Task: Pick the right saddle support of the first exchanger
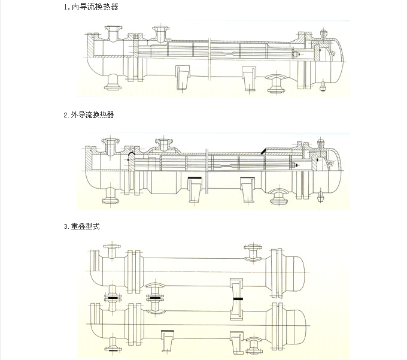(x=248, y=78)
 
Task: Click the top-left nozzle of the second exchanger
(x=111, y=146)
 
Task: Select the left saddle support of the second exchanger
(x=195, y=189)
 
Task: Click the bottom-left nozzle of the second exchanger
(x=111, y=195)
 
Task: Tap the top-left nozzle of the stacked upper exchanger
(x=111, y=248)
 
